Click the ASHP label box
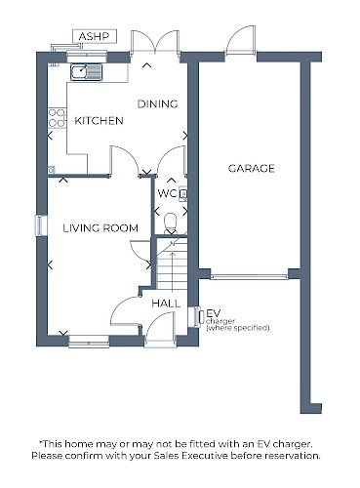95,36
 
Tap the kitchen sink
87,72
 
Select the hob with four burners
57,118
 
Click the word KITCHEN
99,121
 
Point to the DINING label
157,104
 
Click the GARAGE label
251,168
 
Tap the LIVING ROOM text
100,228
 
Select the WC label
167,193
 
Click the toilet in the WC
171,224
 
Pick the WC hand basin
183,193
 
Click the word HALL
166,304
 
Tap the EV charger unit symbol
197,317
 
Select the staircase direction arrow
172,270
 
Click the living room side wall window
41,225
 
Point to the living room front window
89,342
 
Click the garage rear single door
240,39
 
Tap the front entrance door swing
160,326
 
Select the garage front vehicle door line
250,277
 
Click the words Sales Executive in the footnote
205,456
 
